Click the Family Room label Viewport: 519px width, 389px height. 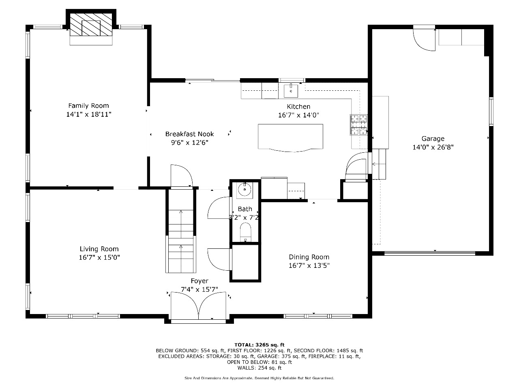click(88, 106)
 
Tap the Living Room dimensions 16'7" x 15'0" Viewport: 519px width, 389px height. click(99, 257)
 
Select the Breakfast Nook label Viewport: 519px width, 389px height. click(189, 134)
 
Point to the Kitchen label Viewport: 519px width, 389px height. click(298, 107)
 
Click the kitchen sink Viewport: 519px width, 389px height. click(291, 91)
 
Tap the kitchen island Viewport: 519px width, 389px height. click(290, 138)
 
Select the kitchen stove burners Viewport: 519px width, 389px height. click(359, 125)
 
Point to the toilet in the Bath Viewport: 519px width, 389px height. click(245, 232)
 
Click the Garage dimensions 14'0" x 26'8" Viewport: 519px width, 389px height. click(433, 147)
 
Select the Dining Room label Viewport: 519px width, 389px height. click(309, 257)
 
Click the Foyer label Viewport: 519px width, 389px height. click(199, 281)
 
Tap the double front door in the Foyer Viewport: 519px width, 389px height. click(198, 306)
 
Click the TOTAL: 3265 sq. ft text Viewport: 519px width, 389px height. click(259, 345)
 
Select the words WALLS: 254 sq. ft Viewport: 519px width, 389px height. click(259, 368)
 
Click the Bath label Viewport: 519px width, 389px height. click(245, 209)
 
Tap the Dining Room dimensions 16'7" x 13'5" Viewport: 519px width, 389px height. click(309, 266)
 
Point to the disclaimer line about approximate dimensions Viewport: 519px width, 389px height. click(259, 378)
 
